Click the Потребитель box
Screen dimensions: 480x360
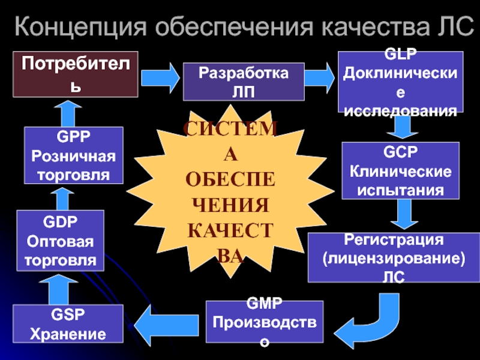tap(76, 74)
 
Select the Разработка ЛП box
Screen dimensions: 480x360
tap(244, 82)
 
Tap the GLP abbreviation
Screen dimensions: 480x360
tap(400, 54)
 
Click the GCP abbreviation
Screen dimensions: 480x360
tap(400, 152)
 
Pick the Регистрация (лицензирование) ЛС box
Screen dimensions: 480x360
tap(394, 257)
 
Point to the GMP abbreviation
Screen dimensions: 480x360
tap(264, 304)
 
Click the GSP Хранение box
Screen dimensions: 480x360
tap(68, 323)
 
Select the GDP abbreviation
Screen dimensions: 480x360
tap(61, 221)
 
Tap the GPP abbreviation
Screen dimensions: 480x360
tap(73, 137)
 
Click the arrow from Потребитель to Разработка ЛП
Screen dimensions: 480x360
tap(160, 78)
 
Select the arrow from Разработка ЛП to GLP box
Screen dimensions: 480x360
tap(320, 78)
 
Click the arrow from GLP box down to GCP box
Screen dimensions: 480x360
tap(402, 126)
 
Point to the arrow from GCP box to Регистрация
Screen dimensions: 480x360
tap(404, 214)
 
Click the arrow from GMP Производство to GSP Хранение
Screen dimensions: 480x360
tap(166, 325)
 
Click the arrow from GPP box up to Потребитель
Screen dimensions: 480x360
tap(68, 113)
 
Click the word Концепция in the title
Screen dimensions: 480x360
tap(81, 27)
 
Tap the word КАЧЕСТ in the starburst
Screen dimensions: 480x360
tap(230, 230)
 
